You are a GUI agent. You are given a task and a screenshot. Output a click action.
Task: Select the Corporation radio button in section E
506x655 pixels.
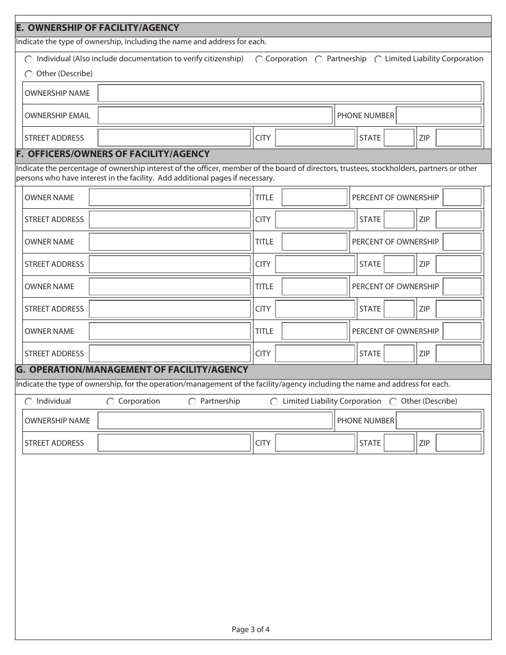point(259,60)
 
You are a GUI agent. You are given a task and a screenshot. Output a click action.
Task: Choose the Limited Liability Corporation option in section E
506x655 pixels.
point(378,60)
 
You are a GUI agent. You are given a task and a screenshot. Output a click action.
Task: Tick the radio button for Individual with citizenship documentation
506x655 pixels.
point(28,60)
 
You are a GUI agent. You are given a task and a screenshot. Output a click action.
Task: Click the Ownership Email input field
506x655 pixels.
point(215,116)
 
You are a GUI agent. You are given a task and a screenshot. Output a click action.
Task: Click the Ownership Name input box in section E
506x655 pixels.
point(289,93)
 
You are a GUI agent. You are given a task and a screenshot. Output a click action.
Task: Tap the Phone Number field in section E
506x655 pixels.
point(438,116)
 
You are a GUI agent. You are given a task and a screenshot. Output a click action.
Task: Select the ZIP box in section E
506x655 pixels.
point(458,138)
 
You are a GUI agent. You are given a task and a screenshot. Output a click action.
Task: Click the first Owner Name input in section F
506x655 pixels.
point(169,198)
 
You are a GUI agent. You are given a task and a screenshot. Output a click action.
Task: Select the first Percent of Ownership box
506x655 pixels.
point(462,198)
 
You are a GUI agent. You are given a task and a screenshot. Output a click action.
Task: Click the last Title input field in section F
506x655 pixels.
point(314,331)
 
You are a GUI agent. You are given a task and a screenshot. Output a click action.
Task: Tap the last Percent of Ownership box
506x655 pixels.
point(462,331)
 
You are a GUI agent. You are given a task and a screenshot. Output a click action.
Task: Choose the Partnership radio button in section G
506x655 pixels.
point(192,402)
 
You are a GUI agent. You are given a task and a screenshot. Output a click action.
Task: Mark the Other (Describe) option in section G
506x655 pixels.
point(393,402)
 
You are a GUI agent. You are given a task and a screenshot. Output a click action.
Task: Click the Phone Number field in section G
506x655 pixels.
point(438,421)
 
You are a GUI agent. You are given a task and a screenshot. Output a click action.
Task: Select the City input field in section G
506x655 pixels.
point(314,443)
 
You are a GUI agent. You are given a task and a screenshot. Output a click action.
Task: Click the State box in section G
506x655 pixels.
point(398,443)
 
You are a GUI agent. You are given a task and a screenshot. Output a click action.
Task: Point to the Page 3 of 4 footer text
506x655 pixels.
point(250,630)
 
